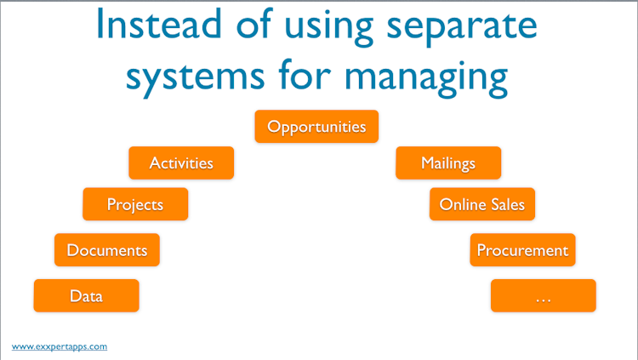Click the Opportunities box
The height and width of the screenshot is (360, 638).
[x=316, y=126]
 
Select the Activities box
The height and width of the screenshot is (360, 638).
[x=181, y=163]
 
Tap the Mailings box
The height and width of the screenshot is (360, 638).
[x=448, y=163]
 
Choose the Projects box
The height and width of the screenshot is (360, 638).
[x=135, y=204]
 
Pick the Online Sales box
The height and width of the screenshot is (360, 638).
[x=482, y=204]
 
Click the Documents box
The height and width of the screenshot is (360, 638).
[x=107, y=249]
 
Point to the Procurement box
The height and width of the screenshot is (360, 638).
[x=523, y=249]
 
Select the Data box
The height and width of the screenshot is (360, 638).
[x=86, y=295]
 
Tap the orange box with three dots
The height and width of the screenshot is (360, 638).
[x=544, y=295]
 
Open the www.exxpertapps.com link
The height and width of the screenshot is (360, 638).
[x=60, y=346]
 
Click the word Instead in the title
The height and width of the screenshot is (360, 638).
[x=159, y=24]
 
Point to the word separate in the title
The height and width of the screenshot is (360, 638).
[x=462, y=28]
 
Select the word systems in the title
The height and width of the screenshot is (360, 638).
[x=196, y=77]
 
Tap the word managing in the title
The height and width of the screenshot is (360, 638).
[x=426, y=77]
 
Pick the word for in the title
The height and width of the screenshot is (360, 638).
[x=305, y=73]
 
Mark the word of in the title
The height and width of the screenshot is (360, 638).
[x=253, y=23]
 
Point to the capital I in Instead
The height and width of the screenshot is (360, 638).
[x=100, y=24]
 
